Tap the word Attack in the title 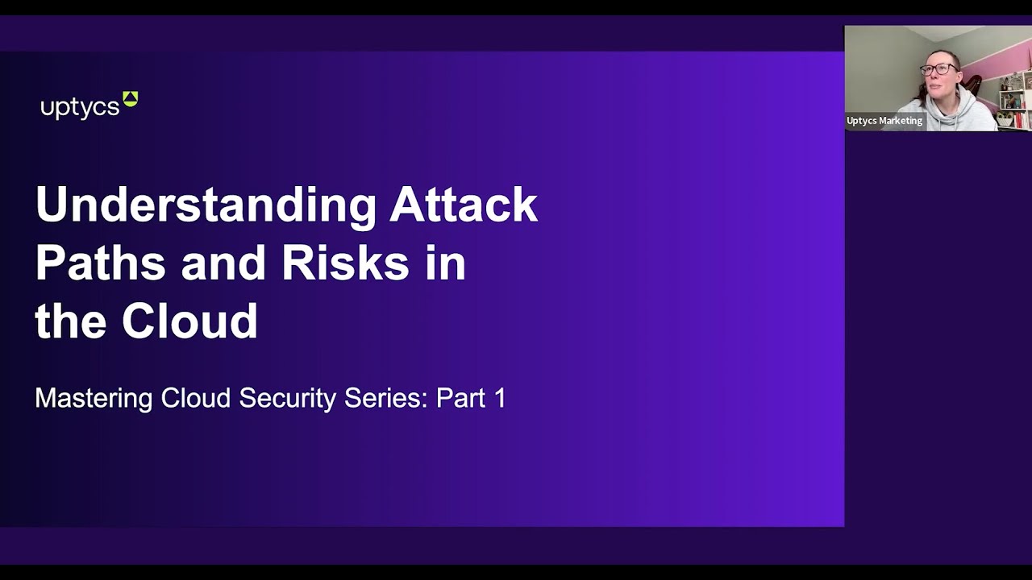tap(464, 205)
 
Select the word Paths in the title tap(99, 263)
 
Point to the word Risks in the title tap(345, 263)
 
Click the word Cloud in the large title tap(189, 321)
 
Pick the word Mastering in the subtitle tap(94, 399)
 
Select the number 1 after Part tap(499, 398)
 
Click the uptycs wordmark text tap(80, 108)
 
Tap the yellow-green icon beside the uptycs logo tap(130, 99)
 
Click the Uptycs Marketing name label tap(884, 121)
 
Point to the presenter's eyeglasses tap(939, 69)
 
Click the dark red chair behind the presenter tap(973, 85)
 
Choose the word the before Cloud tap(71, 321)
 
